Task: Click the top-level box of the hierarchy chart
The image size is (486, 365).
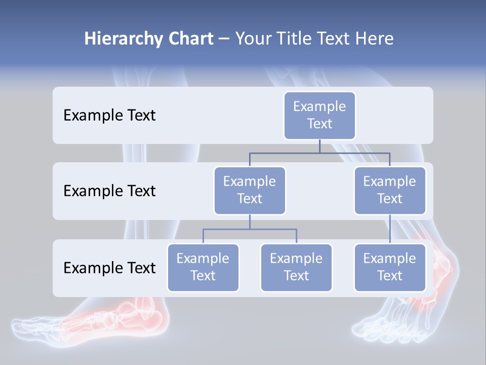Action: tap(319, 115)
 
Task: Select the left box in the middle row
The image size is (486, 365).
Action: tap(250, 190)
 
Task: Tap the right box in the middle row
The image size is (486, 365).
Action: tap(390, 190)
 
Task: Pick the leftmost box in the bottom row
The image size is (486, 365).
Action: tap(203, 267)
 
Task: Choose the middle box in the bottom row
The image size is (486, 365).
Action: tap(296, 267)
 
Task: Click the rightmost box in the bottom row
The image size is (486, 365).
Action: tap(390, 267)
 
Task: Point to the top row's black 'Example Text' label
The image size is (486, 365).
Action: tap(109, 115)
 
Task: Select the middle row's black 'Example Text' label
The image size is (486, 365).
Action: tap(109, 191)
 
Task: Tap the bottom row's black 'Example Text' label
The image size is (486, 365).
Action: tap(109, 268)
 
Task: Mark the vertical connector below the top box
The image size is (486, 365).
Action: tap(319, 146)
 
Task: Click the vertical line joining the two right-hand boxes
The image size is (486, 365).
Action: tap(390, 229)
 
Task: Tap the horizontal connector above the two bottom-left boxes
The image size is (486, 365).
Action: tap(250, 229)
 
